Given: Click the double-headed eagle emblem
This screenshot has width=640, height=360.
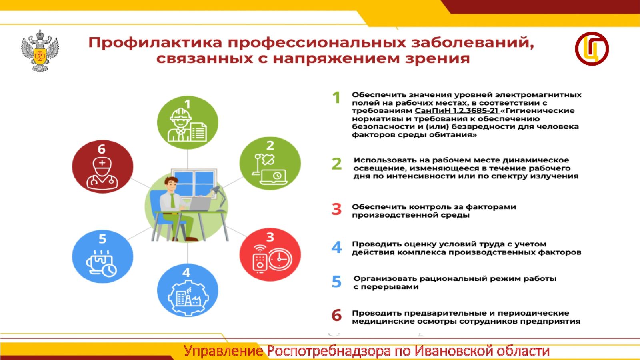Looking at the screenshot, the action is (x=40, y=50).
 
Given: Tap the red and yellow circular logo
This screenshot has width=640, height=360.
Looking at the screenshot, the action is (x=592, y=48).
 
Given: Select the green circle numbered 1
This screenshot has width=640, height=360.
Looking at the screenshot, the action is (x=188, y=122).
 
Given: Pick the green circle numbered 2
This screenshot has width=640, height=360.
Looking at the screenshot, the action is (x=270, y=163).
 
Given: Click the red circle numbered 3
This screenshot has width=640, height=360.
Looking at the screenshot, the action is (x=270, y=254).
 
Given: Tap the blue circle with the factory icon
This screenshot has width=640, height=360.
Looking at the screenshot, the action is (x=188, y=290).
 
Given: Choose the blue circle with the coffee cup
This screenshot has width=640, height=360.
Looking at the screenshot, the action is (x=102, y=256).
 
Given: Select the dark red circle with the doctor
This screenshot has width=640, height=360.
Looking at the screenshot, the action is (x=102, y=166).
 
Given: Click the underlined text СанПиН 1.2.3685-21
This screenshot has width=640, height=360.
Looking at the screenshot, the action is (x=456, y=110).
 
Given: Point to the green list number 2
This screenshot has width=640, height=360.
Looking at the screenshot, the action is (x=336, y=164).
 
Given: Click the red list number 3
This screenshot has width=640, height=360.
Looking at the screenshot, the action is (x=336, y=209).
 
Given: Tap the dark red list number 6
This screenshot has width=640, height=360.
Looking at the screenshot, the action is (x=336, y=316).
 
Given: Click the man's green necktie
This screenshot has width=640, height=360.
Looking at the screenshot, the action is (x=172, y=200).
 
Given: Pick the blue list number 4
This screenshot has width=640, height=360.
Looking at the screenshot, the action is (x=336, y=248).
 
